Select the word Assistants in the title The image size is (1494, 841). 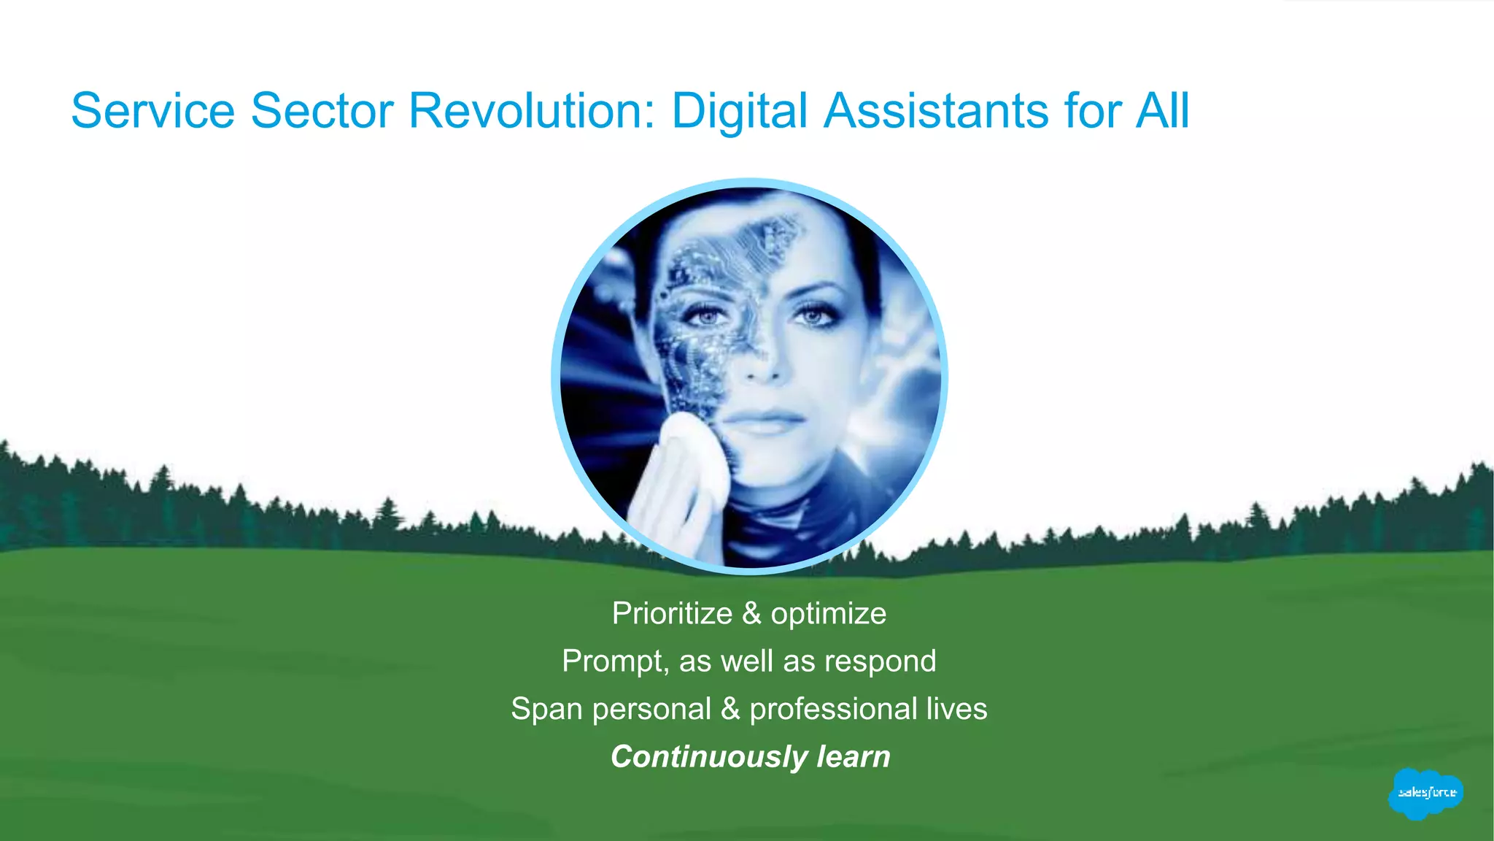click(937, 111)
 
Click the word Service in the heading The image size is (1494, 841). click(152, 111)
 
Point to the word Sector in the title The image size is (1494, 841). click(322, 111)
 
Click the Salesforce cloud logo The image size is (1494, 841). click(1426, 794)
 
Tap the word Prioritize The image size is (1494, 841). click(672, 613)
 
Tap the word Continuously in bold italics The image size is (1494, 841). click(708, 757)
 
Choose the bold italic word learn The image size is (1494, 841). click(854, 757)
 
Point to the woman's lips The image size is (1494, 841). click(762, 420)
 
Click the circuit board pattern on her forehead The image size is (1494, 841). click(737, 248)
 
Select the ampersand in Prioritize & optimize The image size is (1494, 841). click(751, 613)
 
